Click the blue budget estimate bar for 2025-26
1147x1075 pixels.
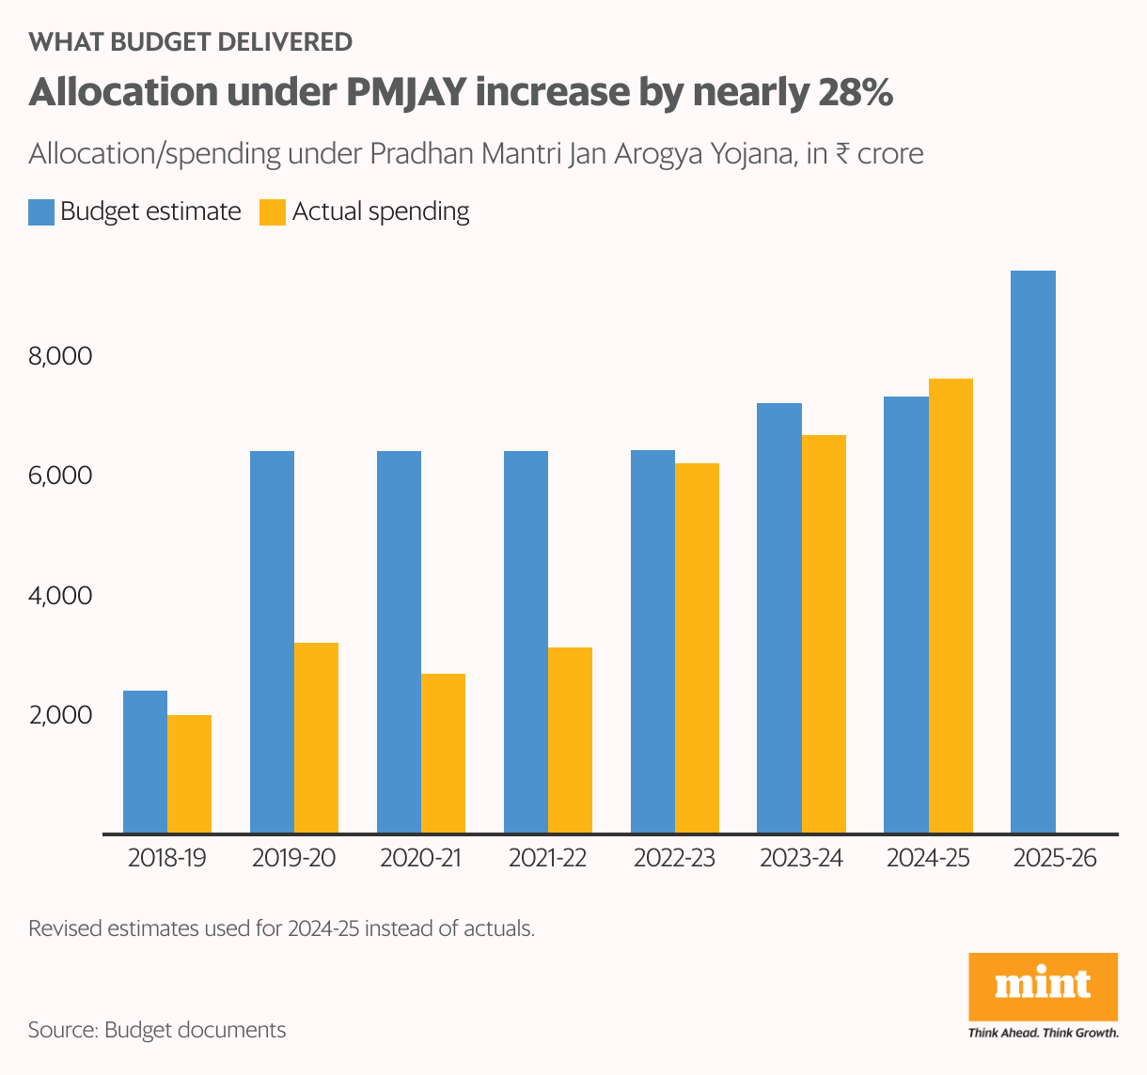pos(1032,552)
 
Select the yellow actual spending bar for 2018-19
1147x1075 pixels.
pos(189,774)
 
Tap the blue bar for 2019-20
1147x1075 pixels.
pos(272,642)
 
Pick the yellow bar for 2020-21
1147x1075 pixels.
pos(443,754)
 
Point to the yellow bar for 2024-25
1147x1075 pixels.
pos(951,606)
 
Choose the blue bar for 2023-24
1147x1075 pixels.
pos(779,618)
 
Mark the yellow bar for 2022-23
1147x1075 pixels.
pos(697,648)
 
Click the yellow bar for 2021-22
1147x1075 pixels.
pos(570,740)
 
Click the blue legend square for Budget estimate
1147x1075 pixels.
pos(41,212)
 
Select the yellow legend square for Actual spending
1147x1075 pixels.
pos(272,212)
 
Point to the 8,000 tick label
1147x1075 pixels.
pos(61,356)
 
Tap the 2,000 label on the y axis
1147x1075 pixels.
pos(61,715)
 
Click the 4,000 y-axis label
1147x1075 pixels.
pos(61,596)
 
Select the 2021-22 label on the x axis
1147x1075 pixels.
pos(547,858)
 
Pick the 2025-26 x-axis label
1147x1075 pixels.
pos(1055,858)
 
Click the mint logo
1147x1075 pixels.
pos(1043,987)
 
